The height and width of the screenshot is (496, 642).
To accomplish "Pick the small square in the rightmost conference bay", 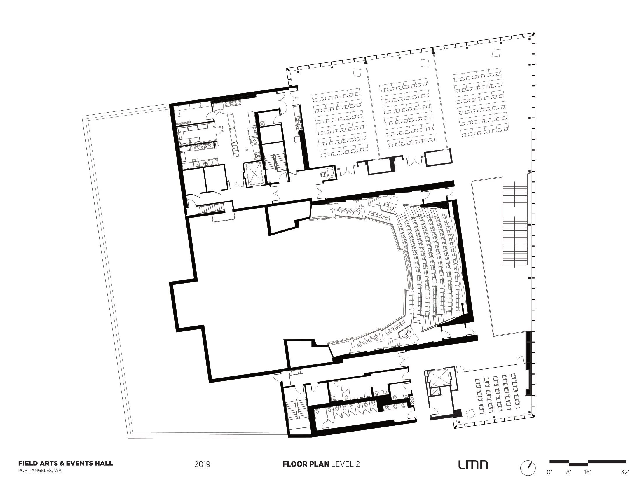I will pyautogui.click(x=496, y=53).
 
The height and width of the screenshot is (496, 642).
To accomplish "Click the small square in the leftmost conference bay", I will pyautogui.click(x=357, y=72).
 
